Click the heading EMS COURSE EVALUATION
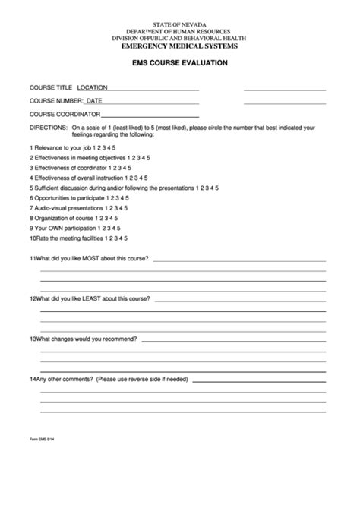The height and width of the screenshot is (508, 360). tap(179, 64)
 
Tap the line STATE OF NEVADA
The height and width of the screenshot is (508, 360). tap(180, 25)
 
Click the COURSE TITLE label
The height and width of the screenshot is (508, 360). tap(50, 87)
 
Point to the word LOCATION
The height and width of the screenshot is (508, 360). tap(93, 87)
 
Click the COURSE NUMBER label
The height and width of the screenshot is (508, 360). tap(55, 100)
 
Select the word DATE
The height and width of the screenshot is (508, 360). tap(94, 100)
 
